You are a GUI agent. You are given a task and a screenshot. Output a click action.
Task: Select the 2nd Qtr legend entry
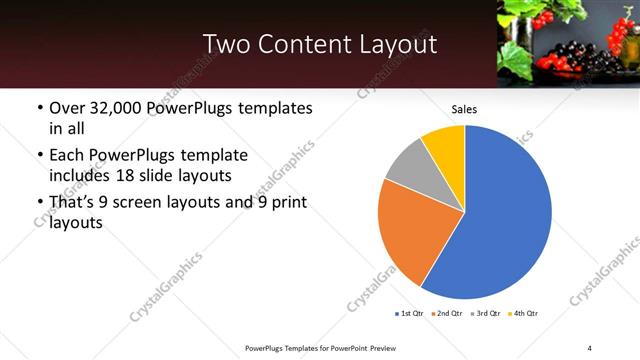click(x=446, y=314)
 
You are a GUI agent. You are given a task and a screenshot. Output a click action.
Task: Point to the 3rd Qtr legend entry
click(x=484, y=314)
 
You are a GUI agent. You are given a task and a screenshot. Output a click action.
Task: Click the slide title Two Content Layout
click(x=319, y=44)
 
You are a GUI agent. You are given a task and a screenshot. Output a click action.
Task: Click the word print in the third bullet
click(x=286, y=203)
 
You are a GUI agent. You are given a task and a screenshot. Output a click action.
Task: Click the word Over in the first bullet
click(x=67, y=107)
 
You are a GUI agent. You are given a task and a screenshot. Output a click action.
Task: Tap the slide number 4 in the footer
click(x=590, y=347)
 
